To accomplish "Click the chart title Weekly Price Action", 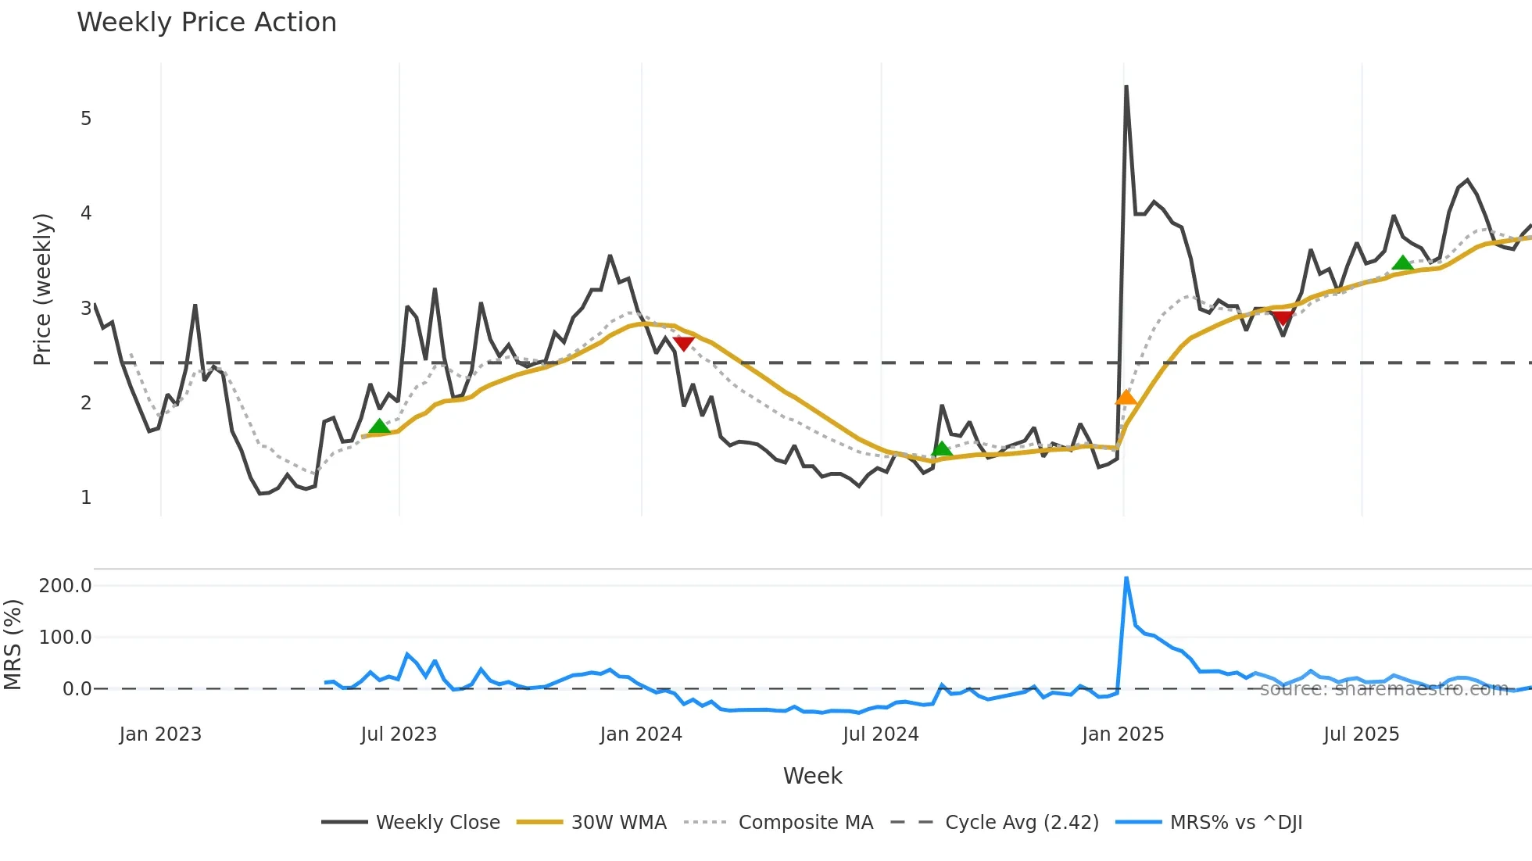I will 206,23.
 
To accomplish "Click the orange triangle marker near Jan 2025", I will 1126,398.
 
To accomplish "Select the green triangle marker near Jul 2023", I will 379,427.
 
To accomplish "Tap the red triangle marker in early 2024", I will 683,343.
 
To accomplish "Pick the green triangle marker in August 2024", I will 942,448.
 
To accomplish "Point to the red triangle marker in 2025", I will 1283,317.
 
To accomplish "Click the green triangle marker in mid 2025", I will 1402,263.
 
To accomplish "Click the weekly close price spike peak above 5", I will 1126,87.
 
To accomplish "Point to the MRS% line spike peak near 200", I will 1126,578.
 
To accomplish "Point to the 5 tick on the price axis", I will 86,119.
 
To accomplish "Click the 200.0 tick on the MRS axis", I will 66,586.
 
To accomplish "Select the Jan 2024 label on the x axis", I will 641,734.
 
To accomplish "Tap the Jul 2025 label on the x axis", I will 1361,734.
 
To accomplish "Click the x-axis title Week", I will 812,776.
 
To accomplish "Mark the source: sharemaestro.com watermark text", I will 1383,689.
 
